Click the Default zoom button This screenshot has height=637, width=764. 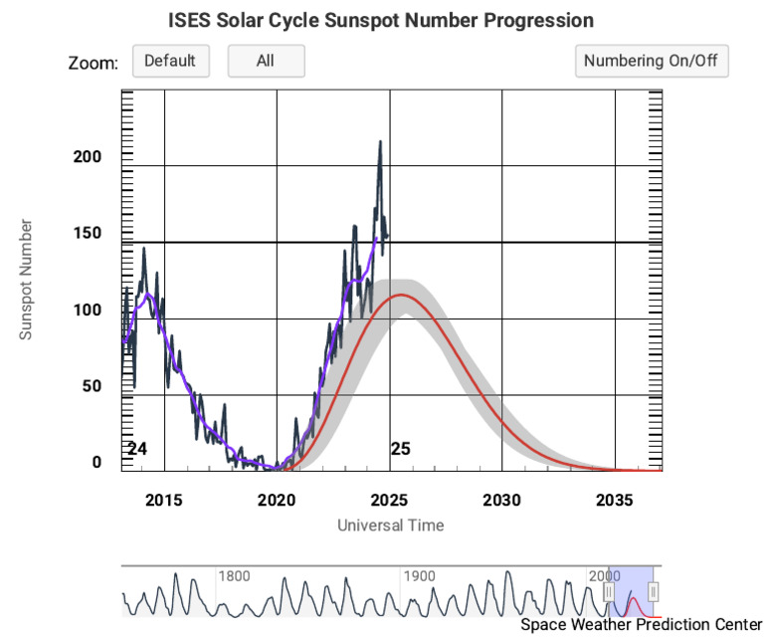pyautogui.click(x=170, y=61)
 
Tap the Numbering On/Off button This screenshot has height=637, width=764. pyautogui.click(x=652, y=61)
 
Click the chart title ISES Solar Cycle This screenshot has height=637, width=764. pyautogui.click(x=382, y=20)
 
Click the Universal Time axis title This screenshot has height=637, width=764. pyautogui.click(x=390, y=525)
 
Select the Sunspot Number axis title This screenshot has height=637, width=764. pyautogui.click(x=27, y=280)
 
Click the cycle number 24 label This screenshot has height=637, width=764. pyautogui.click(x=137, y=449)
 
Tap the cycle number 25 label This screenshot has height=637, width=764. pyautogui.click(x=400, y=449)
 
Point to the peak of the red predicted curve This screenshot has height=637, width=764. pyautogui.click(x=401, y=295)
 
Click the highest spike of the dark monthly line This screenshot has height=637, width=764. pyautogui.click(x=380, y=141)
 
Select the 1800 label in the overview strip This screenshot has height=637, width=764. pyautogui.click(x=235, y=575)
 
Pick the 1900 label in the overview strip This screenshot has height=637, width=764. pyautogui.click(x=419, y=575)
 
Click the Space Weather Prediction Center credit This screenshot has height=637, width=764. pyautogui.click(x=640, y=624)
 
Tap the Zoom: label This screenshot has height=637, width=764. pyautogui.click(x=94, y=63)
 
